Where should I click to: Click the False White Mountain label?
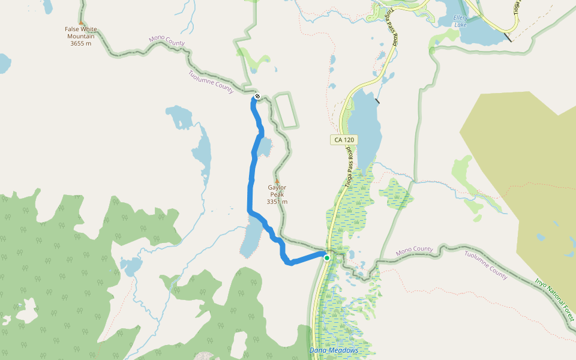click(x=80, y=32)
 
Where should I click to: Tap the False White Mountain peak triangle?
click(x=81, y=23)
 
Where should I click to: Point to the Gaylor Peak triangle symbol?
click(x=277, y=180)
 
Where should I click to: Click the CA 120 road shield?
click(x=344, y=140)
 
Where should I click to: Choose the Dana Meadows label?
click(x=334, y=350)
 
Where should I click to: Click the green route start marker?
click(x=327, y=258)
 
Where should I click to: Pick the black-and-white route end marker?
click(x=257, y=96)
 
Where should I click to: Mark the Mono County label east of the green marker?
click(x=415, y=249)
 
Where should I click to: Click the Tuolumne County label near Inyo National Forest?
click(x=486, y=265)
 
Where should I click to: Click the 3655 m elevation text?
click(x=80, y=43)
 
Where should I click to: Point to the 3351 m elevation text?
click(x=277, y=202)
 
